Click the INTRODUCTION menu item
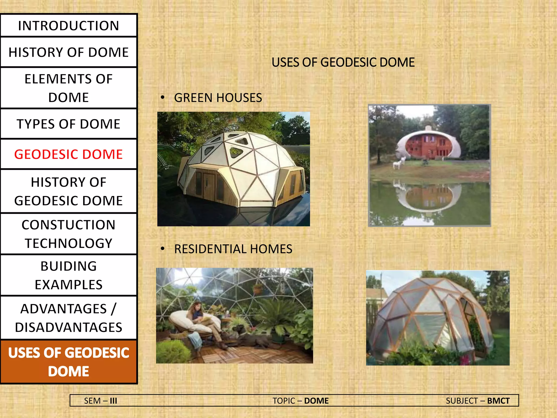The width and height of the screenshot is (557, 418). (69, 26)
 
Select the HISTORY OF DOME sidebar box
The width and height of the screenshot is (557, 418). (69, 52)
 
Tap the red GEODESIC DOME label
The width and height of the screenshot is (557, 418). (69, 154)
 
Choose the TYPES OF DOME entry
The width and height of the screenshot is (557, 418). (69, 124)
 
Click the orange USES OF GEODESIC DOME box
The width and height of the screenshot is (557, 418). (69, 362)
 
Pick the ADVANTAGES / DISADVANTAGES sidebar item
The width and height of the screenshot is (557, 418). (69, 318)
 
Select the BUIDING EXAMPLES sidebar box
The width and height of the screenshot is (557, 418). (69, 275)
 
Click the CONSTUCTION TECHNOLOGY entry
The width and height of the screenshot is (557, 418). (69, 234)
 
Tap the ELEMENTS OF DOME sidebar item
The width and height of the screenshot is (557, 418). (69, 88)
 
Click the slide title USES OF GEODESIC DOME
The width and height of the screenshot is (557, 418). (343, 62)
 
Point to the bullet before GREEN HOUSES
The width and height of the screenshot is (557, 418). (163, 97)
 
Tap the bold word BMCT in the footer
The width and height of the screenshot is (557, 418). (498, 401)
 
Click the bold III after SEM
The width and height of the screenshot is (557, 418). (113, 401)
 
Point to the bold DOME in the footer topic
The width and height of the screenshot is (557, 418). (316, 401)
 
